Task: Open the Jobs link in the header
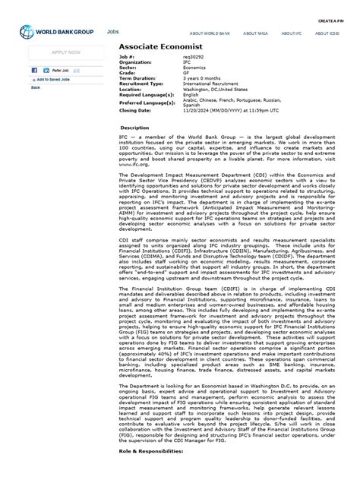113,32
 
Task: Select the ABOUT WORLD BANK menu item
210,33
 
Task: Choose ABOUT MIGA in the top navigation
255,33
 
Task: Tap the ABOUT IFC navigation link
293,33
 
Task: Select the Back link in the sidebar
36,87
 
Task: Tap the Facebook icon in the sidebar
35,70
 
